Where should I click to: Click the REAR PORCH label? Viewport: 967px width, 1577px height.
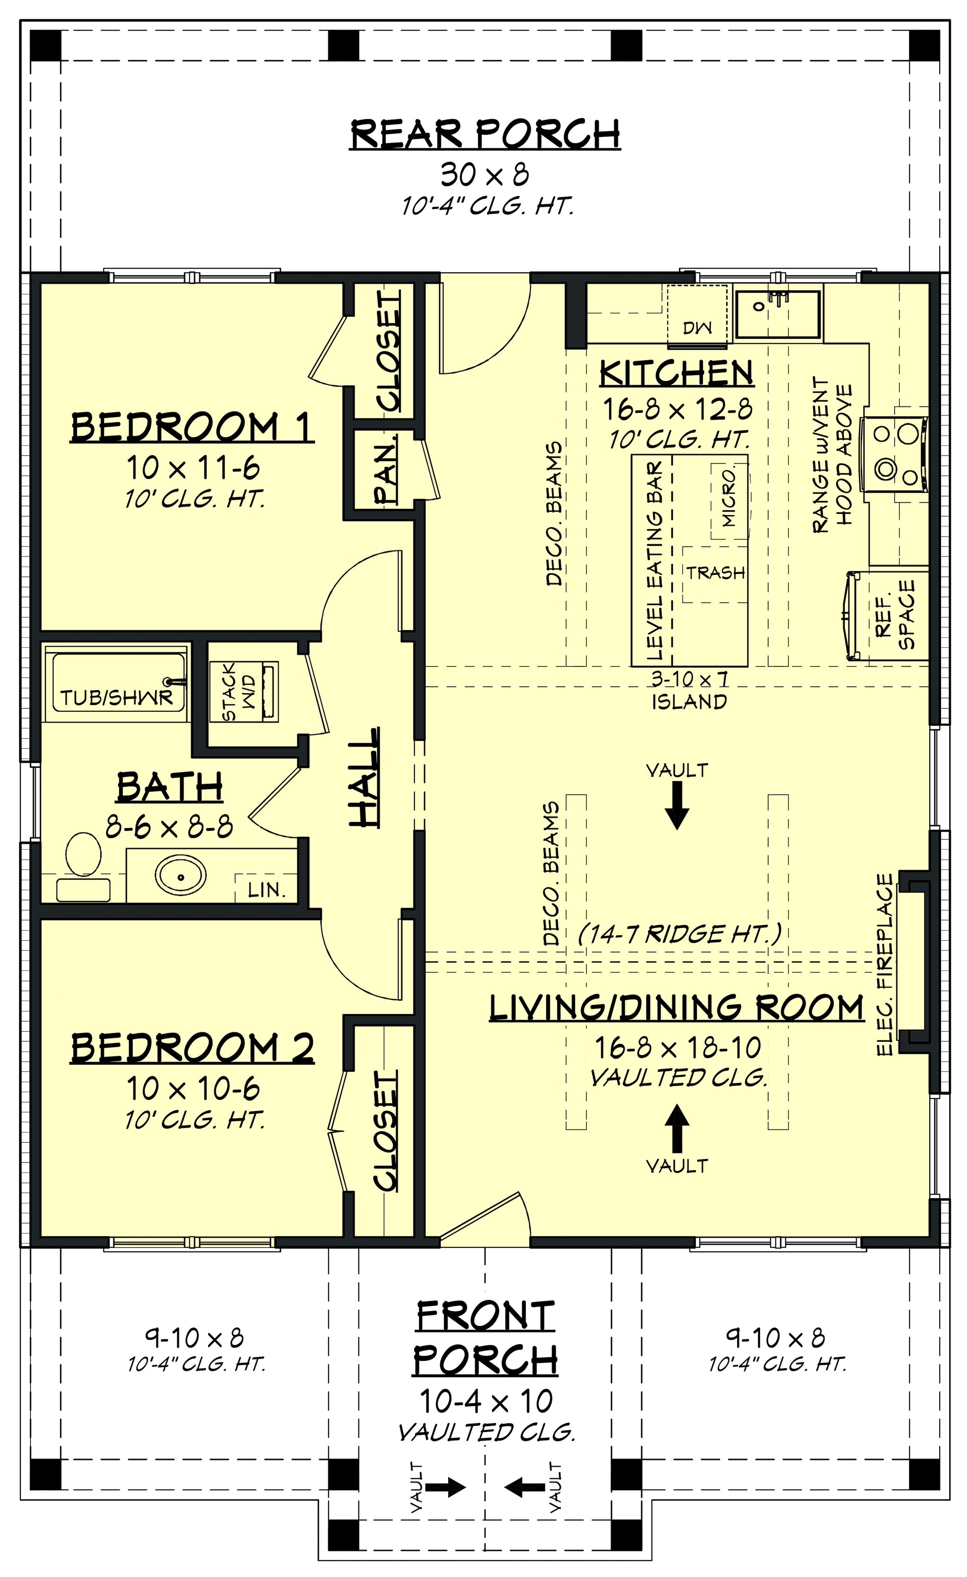point(485,134)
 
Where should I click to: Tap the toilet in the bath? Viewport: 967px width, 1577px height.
point(83,866)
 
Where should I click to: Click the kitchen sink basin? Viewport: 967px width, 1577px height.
point(778,314)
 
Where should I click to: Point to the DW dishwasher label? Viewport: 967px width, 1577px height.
point(697,329)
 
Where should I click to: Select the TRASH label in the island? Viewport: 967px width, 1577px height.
point(716,573)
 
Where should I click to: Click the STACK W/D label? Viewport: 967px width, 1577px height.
point(239,692)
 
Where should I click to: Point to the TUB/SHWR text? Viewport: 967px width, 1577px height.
point(117,697)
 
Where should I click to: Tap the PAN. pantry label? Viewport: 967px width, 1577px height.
point(387,469)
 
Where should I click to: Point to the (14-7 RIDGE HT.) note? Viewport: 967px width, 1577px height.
point(679,935)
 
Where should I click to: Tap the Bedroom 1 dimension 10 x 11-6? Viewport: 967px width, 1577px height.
point(193,468)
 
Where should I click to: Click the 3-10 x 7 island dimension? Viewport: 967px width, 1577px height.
point(689,678)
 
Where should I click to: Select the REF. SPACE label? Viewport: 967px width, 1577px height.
point(895,615)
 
